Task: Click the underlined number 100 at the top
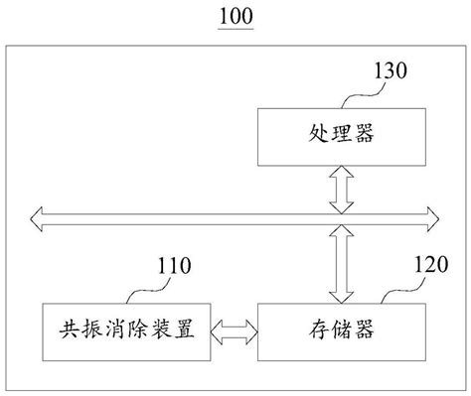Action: [x=235, y=16]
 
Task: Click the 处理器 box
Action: [x=341, y=136]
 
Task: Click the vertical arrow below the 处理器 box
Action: [x=341, y=189]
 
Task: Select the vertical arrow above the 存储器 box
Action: [x=341, y=263]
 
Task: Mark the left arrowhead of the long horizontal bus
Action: [x=37, y=214]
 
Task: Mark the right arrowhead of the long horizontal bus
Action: [x=432, y=214]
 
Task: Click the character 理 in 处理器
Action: [x=341, y=137]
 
